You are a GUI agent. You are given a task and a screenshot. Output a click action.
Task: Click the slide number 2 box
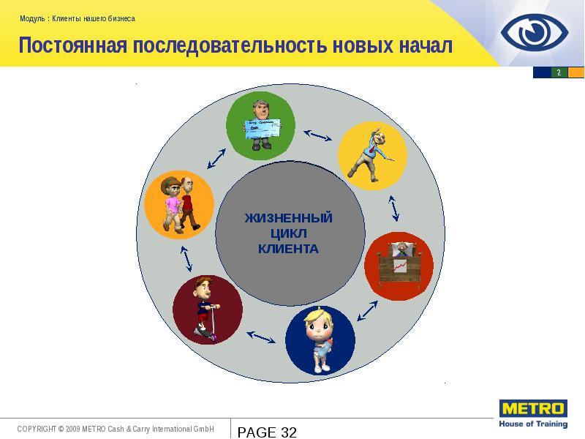(x=559, y=72)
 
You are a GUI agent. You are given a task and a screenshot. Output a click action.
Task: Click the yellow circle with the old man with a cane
(x=371, y=156)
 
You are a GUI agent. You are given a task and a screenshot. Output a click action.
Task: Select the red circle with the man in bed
(x=399, y=266)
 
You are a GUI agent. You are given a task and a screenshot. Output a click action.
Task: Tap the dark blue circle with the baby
(x=320, y=342)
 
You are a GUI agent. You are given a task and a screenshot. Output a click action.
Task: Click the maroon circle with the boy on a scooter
(x=208, y=310)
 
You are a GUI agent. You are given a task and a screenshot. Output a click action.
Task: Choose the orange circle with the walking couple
(x=179, y=203)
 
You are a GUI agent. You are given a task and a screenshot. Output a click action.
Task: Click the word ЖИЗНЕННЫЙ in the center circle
(x=288, y=218)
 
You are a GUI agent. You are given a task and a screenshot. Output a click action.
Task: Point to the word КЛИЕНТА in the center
(x=288, y=249)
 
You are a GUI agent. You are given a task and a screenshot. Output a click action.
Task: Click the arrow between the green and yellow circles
(x=317, y=135)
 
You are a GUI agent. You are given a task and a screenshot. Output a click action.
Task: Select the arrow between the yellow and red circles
(x=394, y=208)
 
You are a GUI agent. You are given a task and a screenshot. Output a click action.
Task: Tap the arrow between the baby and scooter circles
(x=261, y=337)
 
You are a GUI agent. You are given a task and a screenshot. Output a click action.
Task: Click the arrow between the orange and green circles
(x=216, y=158)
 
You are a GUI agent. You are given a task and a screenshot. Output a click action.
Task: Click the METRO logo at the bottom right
(x=532, y=413)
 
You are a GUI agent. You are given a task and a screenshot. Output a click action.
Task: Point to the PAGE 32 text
(x=267, y=432)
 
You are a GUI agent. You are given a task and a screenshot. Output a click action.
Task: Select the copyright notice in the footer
(x=115, y=429)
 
